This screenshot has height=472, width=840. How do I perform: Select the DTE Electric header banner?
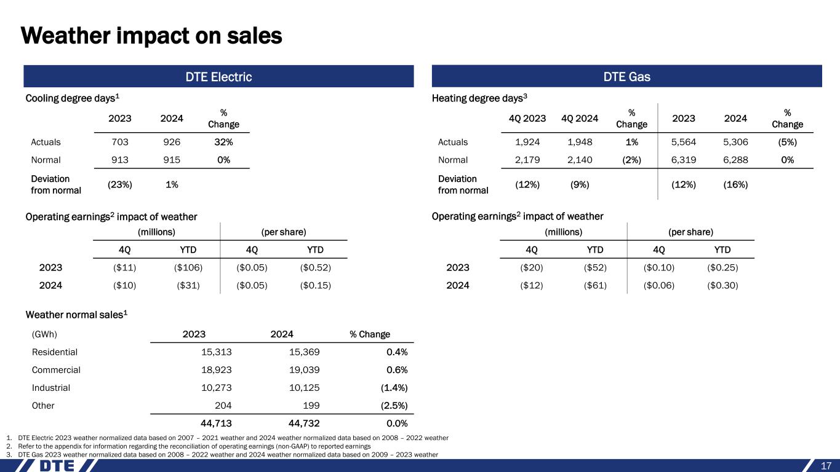coord(218,77)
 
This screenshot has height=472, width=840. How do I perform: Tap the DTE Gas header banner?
coord(627,77)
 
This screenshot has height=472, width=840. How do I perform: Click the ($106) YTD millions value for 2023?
coord(188,267)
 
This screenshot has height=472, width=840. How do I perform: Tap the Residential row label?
coord(54,352)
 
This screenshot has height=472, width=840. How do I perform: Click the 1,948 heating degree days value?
coord(582,142)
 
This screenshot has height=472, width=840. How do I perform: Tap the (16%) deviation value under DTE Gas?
coord(735,185)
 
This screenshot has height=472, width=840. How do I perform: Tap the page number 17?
coord(826,465)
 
